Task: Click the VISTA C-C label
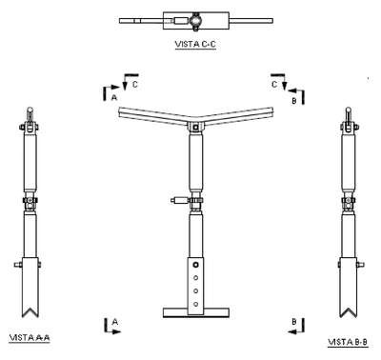click(195, 45)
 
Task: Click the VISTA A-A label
click(30, 337)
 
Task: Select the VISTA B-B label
click(348, 342)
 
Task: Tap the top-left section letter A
click(114, 97)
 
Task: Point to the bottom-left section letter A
click(115, 322)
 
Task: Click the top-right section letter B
click(294, 101)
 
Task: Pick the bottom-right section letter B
click(294, 322)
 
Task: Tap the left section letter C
click(135, 85)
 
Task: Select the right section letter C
click(274, 85)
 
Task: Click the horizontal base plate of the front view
click(195, 312)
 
